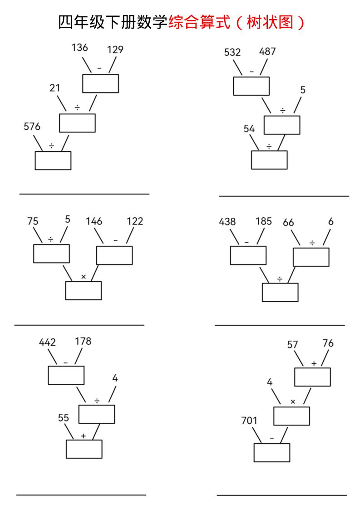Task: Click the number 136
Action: point(79,47)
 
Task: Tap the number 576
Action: point(32,126)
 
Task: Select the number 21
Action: point(54,88)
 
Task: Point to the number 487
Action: point(267,51)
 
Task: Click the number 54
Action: point(249,128)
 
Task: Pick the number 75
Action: point(33,221)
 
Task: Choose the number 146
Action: point(94,221)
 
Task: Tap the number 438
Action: point(227,222)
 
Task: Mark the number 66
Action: point(288,222)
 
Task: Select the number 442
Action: point(47,342)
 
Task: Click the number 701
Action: point(249,421)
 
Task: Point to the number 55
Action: point(64,417)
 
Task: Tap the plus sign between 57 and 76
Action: point(314,363)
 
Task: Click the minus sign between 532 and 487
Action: point(252,71)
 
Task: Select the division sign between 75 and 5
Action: point(51,240)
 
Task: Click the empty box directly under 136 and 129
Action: point(100,83)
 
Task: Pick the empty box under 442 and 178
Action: point(66,375)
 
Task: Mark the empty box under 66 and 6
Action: point(311,257)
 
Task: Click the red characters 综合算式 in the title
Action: point(199,22)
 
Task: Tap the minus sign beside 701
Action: point(272,438)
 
